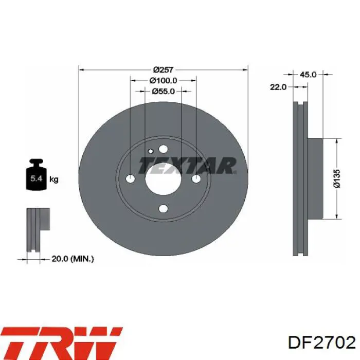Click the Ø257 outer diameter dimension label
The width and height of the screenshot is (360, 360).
tap(164, 69)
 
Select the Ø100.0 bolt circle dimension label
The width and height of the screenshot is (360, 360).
tap(163, 81)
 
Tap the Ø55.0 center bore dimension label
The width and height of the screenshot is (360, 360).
tap(163, 92)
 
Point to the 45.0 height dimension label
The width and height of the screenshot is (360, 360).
tap(308, 75)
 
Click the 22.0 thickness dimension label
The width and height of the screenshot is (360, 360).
tap(278, 87)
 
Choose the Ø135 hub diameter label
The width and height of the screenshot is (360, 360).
tap(337, 179)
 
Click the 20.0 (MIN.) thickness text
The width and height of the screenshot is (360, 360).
tap(73, 259)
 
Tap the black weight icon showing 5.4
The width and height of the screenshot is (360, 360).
tap(36, 174)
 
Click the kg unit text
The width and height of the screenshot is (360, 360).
tap(53, 179)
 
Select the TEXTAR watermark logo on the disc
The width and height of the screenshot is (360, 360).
tap(187, 166)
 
